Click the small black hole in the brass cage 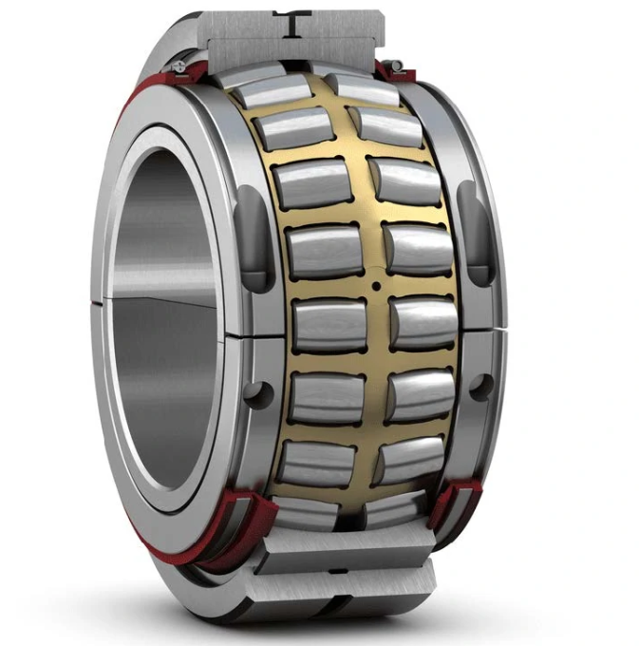[x=376, y=284]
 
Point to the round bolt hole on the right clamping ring [x=481, y=386]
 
